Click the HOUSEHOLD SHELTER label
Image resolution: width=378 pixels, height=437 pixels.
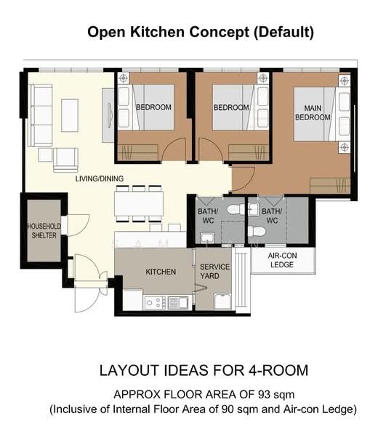pos(44,231)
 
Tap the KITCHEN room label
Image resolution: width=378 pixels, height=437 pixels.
pos(161,272)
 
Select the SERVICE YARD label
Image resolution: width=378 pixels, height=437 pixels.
pos(214,271)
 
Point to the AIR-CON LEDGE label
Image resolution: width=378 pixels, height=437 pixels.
pos(282,260)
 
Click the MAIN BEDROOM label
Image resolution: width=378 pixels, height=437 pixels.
pos(313,113)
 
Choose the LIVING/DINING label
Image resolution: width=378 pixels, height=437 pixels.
pos(100,178)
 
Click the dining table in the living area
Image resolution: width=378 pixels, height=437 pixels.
pos(139,203)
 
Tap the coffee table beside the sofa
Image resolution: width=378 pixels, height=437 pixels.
pos(70,115)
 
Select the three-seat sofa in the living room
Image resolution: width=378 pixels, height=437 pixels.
pos(41,115)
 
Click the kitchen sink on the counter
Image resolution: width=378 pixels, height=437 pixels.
pos(178,303)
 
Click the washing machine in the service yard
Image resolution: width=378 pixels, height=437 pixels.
pos(222,301)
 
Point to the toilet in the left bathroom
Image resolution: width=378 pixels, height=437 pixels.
pos(236,209)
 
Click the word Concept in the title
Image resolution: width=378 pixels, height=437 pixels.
pos(220,32)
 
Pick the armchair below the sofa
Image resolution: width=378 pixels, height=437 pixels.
pos(65,160)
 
